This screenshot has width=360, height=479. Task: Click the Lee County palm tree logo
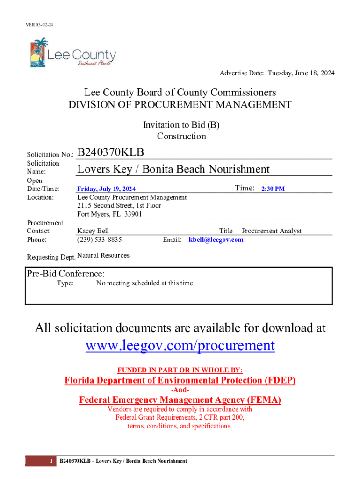[39, 52]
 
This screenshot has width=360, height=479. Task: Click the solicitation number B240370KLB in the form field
[111, 152]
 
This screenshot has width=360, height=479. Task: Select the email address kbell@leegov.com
[216, 239]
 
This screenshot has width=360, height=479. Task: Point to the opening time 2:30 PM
[273, 189]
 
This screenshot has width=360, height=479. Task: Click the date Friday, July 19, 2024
[107, 189]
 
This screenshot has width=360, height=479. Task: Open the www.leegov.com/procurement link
[180, 346]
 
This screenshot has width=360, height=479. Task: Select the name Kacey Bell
[93, 231]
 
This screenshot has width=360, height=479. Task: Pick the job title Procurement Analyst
[272, 231]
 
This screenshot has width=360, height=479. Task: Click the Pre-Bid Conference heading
[65, 274]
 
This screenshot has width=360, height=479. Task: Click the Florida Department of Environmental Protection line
[180, 381]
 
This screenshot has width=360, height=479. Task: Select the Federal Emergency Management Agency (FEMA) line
[180, 400]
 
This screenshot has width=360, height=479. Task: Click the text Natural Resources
[103, 255]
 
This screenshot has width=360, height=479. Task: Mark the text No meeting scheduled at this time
[144, 283]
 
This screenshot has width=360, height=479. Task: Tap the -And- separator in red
[180, 390]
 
